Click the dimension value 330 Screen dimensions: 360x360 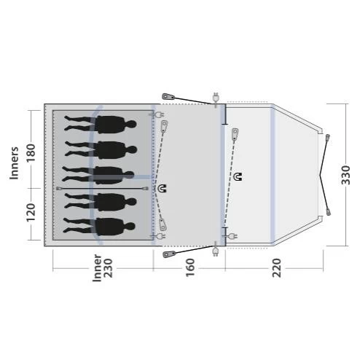346,175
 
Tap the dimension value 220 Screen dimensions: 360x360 277,267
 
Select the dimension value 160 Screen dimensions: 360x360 190,267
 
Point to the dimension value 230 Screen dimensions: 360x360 109,268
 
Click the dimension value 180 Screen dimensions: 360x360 31,153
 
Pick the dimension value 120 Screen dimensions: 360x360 31,212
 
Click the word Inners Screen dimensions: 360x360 14,163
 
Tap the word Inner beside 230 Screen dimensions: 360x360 97,268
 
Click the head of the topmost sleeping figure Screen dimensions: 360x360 130,125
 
